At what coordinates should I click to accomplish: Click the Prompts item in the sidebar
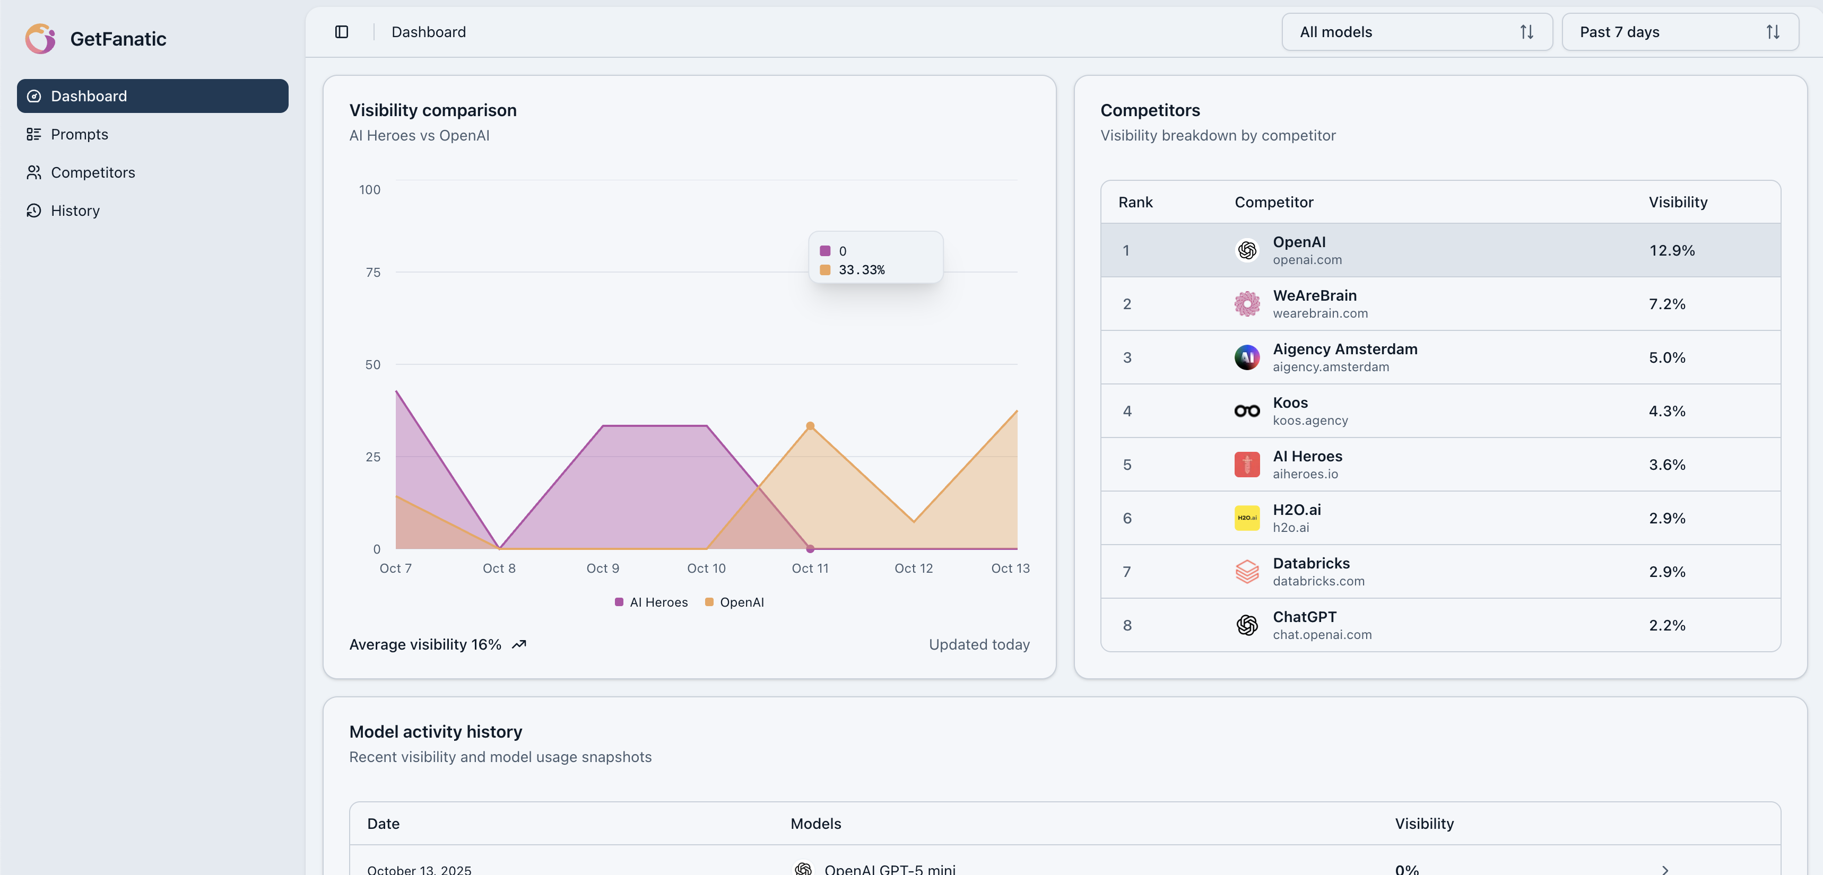(79, 134)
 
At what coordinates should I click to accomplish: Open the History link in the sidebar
(74, 211)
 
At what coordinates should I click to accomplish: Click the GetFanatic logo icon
(40, 39)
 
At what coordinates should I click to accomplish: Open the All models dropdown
(1416, 32)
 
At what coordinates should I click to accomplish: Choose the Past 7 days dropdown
(1679, 32)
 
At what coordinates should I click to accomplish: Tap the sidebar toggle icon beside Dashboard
(342, 32)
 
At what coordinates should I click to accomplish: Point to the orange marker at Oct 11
(810, 426)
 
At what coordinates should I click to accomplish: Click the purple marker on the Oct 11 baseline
(810, 548)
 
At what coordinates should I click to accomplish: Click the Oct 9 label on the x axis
(602, 568)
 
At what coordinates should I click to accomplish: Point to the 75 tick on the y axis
(373, 273)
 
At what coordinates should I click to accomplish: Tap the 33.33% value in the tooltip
(861, 269)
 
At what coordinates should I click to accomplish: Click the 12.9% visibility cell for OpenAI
(1672, 250)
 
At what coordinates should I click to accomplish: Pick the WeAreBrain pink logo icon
(1247, 304)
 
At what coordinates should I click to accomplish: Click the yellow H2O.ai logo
(1247, 518)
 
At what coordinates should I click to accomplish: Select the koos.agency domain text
(1310, 420)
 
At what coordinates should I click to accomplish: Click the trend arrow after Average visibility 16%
(519, 644)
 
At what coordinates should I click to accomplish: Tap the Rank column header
(1135, 202)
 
